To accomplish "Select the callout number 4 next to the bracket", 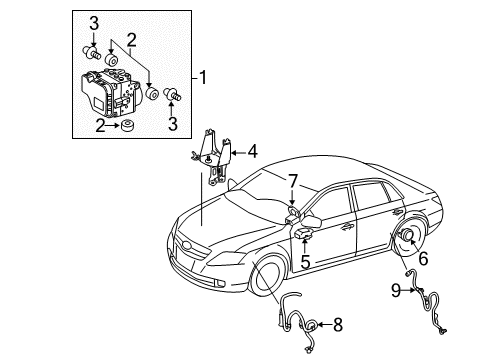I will click(x=253, y=152).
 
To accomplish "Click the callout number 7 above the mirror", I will click(x=292, y=182).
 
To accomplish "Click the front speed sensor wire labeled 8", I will click(x=290, y=318).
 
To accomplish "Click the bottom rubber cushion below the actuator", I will click(x=130, y=126).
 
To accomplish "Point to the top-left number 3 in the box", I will click(x=93, y=23).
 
